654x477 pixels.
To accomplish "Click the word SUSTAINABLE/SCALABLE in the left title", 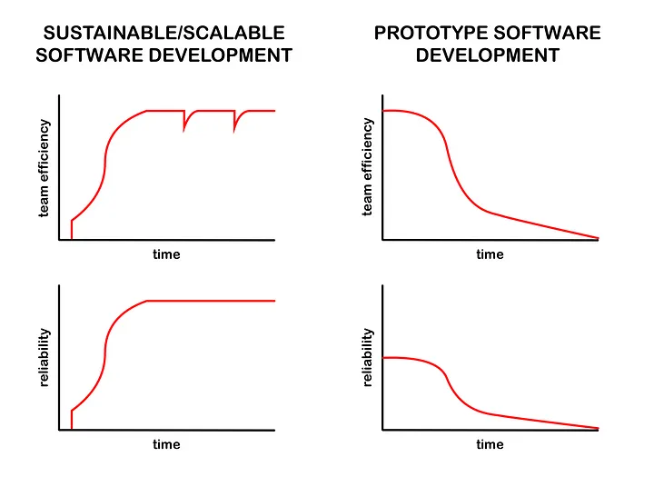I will coord(163,34).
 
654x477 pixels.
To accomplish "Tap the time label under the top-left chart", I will coord(166,254).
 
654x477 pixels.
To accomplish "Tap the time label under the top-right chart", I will coord(490,254).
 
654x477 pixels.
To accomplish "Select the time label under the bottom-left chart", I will coord(166,444).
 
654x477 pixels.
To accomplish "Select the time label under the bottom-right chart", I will coord(490,444).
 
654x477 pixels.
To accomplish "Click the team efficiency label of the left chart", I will coord(43,168).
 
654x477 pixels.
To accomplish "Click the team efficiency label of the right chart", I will coord(368,168).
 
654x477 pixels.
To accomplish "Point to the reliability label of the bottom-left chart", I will coord(43,358).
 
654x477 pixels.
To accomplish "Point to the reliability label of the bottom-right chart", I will coord(368,358).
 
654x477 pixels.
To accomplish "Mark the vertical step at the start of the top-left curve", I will coord(71,230).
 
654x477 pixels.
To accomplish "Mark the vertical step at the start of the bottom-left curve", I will coord(71,420).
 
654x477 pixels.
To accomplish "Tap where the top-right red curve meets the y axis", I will coord(383,110).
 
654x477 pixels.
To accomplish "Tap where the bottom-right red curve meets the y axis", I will coord(383,358).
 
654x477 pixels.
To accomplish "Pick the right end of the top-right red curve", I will coord(598,238).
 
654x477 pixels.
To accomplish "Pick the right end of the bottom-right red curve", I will coord(598,428).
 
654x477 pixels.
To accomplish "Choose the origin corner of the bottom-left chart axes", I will coord(60,430).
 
